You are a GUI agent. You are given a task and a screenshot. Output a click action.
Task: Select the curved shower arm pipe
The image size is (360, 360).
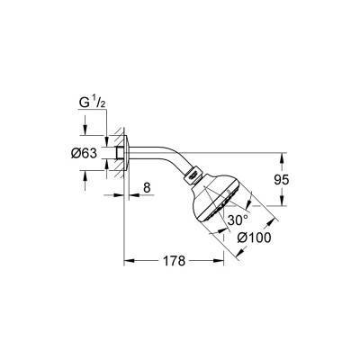[162, 145]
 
